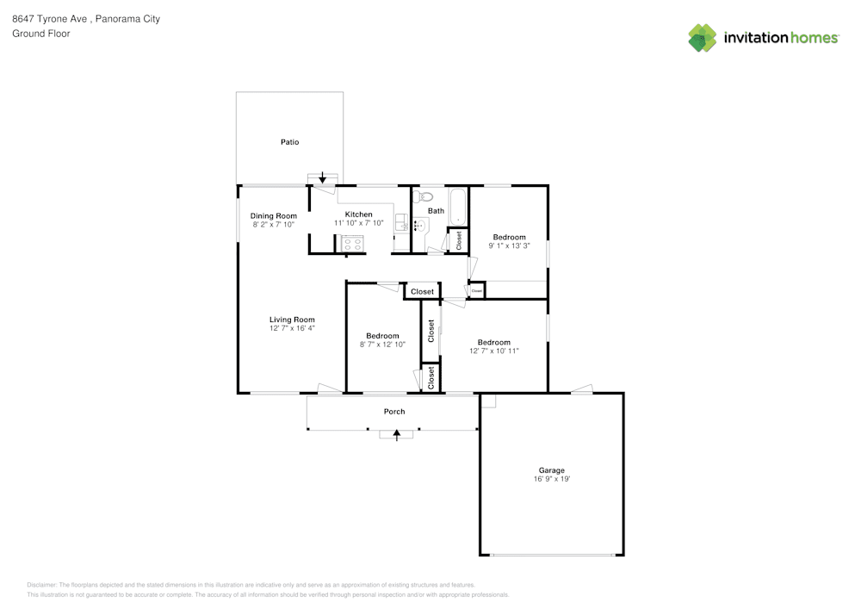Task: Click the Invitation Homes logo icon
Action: (x=703, y=38)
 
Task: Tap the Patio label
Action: (x=289, y=141)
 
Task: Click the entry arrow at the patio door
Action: (x=323, y=178)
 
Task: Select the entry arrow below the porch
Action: (x=396, y=437)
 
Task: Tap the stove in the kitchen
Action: (x=353, y=244)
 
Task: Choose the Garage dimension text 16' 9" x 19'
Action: (x=551, y=479)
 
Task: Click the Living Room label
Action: (x=292, y=320)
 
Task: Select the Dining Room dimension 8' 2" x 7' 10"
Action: (x=274, y=224)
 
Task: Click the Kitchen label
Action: (x=358, y=214)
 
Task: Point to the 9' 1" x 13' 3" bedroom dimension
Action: (x=509, y=245)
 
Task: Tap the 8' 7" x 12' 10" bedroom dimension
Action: (x=382, y=344)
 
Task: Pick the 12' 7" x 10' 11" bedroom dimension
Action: (x=494, y=351)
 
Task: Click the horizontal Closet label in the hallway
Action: (x=422, y=292)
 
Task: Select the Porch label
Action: (x=394, y=412)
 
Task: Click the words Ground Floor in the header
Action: (x=41, y=34)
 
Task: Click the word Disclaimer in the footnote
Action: (x=42, y=584)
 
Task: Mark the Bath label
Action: (x=436, y=211)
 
